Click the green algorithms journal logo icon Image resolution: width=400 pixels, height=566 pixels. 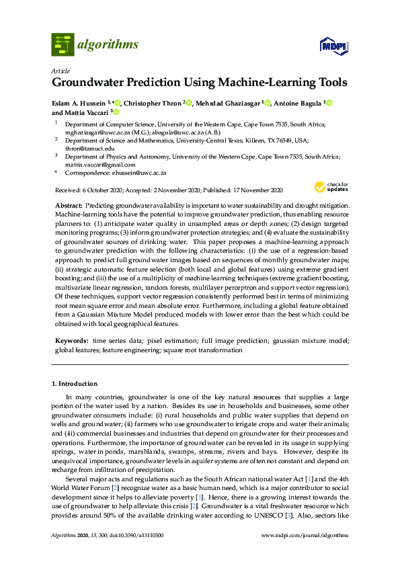(x=63, y=44)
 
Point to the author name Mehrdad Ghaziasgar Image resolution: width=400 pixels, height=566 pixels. (x=229, y=104)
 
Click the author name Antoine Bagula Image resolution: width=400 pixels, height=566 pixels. (x=298, y=104)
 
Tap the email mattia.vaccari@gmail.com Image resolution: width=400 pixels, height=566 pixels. (x=100, y=165)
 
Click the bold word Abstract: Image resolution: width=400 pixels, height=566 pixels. (x=68, y=204)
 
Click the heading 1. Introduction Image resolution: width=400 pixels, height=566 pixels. (x=75, y=384)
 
